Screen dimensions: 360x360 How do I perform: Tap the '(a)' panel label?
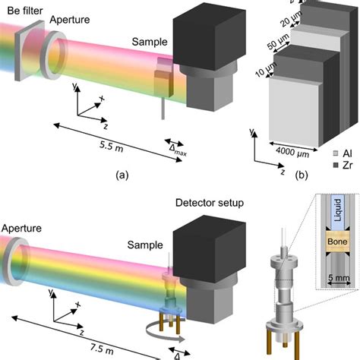120,174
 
